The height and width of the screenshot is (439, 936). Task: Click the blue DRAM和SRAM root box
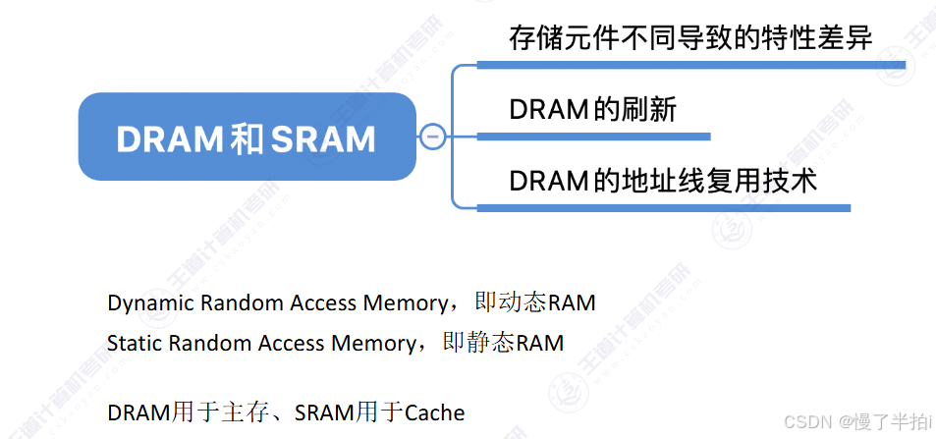(246, 137)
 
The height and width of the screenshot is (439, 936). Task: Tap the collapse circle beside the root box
(432, 137)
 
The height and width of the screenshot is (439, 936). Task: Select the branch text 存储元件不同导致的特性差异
(690, 37)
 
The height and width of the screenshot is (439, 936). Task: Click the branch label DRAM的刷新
(592, 109)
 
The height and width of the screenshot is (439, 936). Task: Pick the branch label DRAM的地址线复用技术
(663, 181)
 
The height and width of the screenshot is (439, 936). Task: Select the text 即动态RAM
(534, 302)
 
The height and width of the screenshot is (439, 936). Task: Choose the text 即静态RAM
(504, 343)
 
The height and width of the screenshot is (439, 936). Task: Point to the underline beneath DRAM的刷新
(592, 135)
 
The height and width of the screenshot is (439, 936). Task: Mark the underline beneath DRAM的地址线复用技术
(663, 207)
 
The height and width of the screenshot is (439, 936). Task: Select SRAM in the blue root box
(322, 138)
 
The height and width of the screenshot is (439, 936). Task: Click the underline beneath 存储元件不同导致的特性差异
(690, 64)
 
